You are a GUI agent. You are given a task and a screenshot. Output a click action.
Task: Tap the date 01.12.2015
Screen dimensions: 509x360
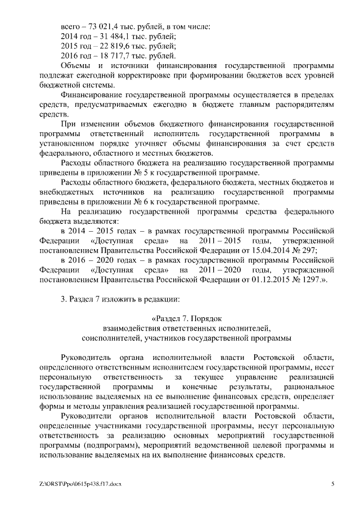pyautogui.click(x=269, y=279)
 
